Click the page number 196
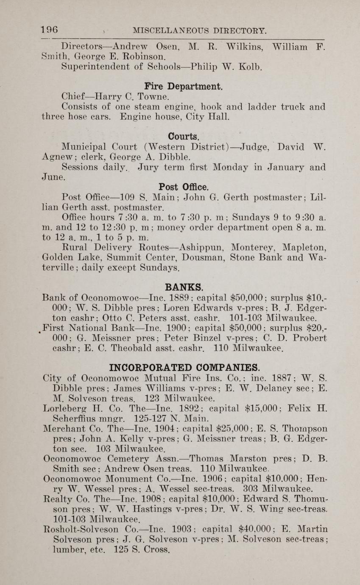click(x=49, y=30)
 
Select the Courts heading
click(x=184, y=137)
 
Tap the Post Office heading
click(x=183, y=187)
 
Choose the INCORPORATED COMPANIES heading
click(x=184, y=367)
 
